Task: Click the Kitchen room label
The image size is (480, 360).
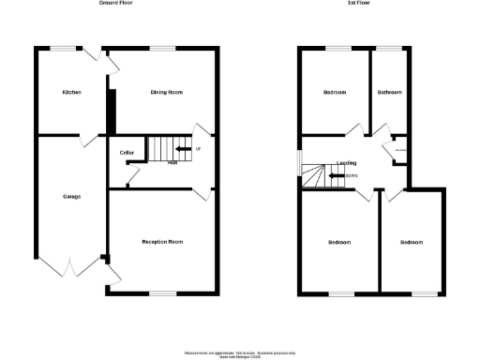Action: pos(71,93)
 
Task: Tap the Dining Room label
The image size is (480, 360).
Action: pos(166,93)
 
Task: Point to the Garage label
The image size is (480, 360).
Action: pos(71,196)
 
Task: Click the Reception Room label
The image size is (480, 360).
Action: pos(162,242)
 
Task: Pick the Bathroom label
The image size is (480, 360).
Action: pos(390,93)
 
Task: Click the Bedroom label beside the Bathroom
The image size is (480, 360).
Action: pos(335,93)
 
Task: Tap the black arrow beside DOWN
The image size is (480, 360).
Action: pos(335,174)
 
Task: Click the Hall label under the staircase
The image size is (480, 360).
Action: pos(172,163)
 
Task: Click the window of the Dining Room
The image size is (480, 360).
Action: pos(163,48)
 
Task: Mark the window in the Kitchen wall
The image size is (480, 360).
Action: pos(64,48)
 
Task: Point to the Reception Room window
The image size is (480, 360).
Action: pos(163,294)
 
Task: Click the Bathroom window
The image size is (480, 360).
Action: pos(389,48)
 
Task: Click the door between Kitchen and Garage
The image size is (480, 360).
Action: pos(86,138)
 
